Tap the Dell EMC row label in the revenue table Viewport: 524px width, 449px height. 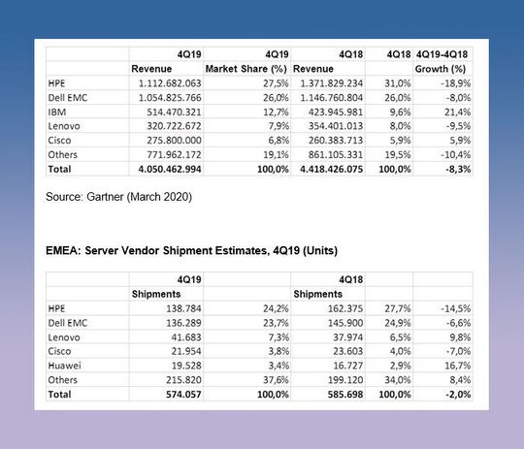coord(69,98)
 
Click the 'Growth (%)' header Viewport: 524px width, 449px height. coord(442,70)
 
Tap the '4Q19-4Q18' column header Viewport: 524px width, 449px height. coord(442,55)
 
